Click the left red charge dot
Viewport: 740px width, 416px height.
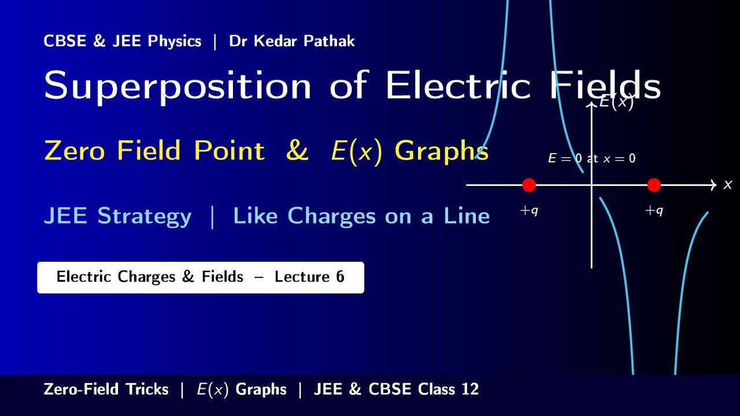pyautogui.click(x=529, y=185)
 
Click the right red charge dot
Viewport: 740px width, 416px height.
pyautogui.click(x=654, y=185)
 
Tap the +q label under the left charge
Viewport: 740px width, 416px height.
pyautogui.click(x=529, y=211)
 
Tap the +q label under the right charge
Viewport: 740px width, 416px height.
pyautogui.click(x=654, y=211)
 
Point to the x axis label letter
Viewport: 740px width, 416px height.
pyautogui.click(x=728, y=185)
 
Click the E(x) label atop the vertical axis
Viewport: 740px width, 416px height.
pyautogui.click(x=616, y=102)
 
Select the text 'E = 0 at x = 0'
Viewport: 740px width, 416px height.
pyautogui.click(x=591, y=158)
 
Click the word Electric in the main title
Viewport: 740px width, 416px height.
pyautogui.click(x=457, y=85)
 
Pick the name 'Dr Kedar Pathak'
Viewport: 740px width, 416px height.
pyautogui.click(x=292, y=42)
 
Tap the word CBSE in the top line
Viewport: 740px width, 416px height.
pyautogui.click(x=65, y=42)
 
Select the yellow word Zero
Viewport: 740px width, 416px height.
pyautogui.click(x=75, y=151)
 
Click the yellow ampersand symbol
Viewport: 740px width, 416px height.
pyautogui.click(x=297, y=151)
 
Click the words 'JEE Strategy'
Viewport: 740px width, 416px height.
pyautogui.click(x=117, y=216)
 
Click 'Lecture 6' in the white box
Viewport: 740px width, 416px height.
pyautogui.click(x=309, y=277)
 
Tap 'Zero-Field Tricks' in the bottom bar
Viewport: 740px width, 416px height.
pyautogui.click(x=106, y=389)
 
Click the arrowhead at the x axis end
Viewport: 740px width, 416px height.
pyautogui.click(x=713, y=185)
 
